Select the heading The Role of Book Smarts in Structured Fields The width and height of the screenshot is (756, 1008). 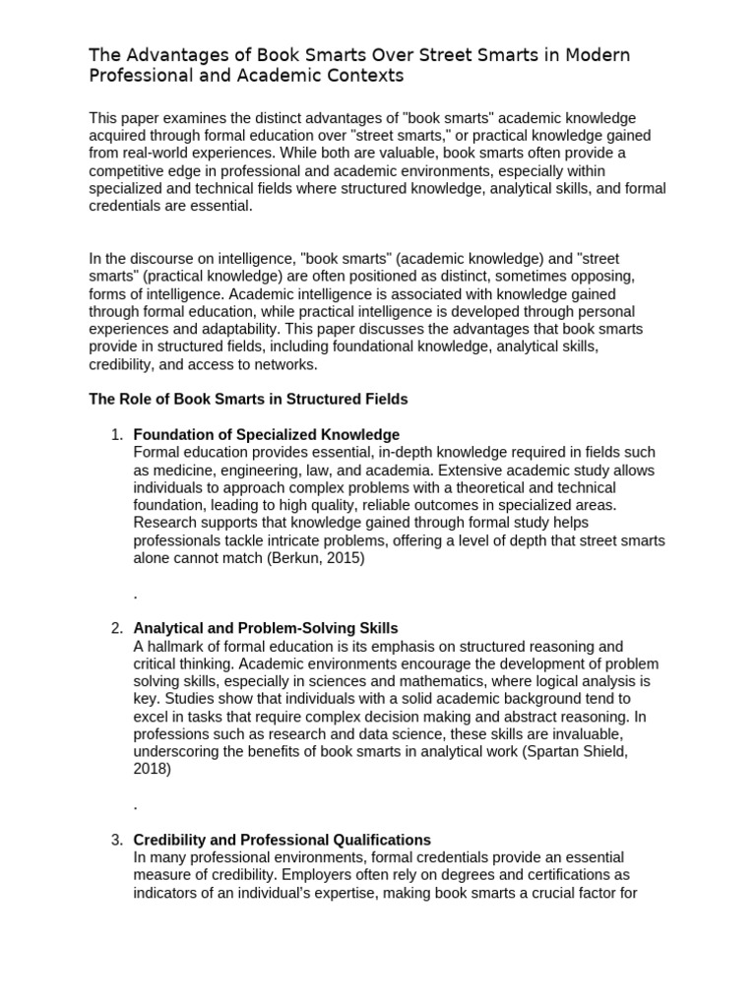coord(248,399)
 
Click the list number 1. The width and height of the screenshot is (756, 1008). coord(115,434)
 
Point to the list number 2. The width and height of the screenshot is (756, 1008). coord(115,628)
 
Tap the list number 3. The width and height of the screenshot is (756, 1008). coord(115,840)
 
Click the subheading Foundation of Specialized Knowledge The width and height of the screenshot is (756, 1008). coord(266,434)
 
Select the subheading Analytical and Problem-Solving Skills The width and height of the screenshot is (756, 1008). coord(265,628)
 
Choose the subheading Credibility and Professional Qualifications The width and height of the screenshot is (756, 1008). coord(282,840)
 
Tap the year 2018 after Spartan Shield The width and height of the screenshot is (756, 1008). coord(151,770)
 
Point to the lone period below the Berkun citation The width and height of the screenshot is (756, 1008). coord(135,595)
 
